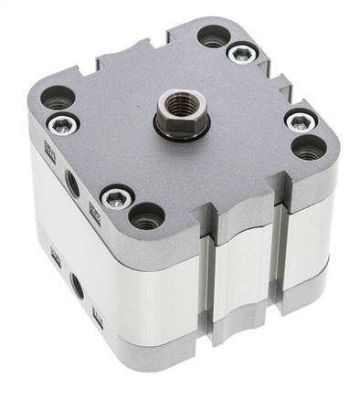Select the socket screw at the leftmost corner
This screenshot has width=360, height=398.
pyautogui.click(x=58, y=123)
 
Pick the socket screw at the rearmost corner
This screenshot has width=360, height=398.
pyautogui.click(x=241, y=54)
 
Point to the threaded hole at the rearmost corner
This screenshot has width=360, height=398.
pyautogui.click(x=214, y=37)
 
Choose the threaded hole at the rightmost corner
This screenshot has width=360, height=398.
pyautogui.click(x=309, y=146)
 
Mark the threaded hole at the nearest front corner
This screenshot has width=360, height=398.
pyautogui.click(x=147, y=217)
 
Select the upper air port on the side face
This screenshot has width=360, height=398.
pyautogui.click(x=71, y=183)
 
